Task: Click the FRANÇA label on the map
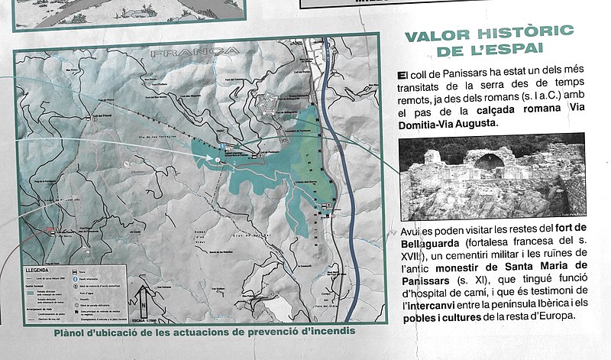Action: pos(195,53)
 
